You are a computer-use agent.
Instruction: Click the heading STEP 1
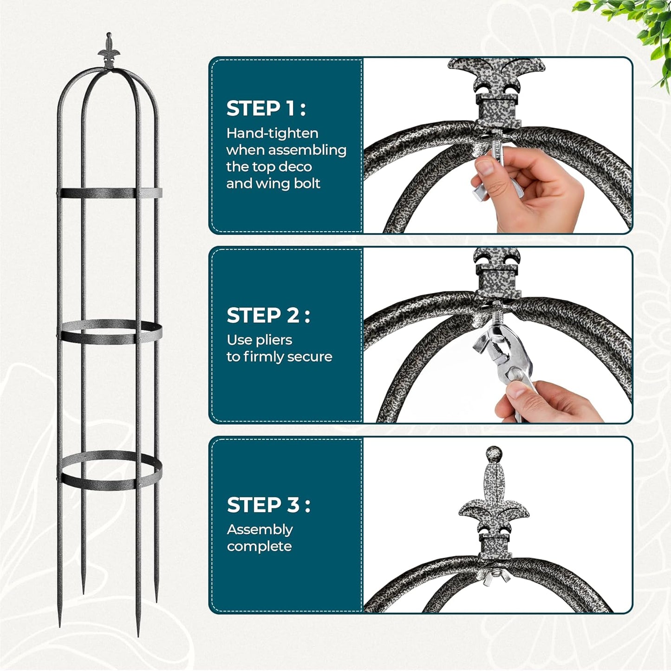266,109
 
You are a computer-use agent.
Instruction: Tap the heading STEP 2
268,316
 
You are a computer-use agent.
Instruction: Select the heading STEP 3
268,505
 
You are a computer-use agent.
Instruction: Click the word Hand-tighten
272,134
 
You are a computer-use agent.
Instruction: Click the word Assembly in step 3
260,530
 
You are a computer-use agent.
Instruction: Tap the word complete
259,547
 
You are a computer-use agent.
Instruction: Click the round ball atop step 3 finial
494,454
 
